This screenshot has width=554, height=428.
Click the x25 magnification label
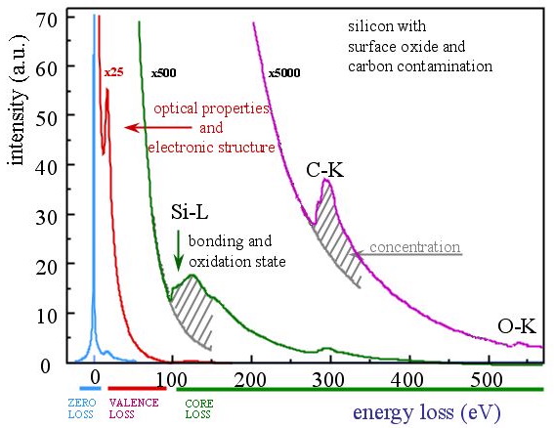pos(112,72)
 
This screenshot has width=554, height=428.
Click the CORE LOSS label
pos(199,408)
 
